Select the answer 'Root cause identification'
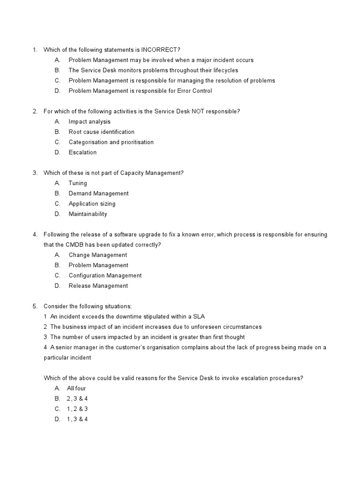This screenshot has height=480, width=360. click(101, 132)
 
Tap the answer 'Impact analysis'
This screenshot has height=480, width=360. click(90, 121)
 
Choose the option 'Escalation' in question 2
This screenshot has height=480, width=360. click(82, 152)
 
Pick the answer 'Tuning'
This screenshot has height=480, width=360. click(78, 183)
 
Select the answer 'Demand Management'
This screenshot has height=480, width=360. click(98, 194)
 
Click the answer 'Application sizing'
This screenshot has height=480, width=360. click(92, 204)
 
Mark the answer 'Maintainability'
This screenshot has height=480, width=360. click(88, 214)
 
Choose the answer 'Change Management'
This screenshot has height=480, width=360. click(97, 255)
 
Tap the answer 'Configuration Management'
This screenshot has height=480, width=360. click(105, 276)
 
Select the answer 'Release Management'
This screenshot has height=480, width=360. click(98, 286)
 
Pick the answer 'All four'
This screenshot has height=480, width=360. click(77, 389)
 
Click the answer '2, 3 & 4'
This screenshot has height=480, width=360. click(78, 399)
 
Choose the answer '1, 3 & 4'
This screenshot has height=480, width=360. click(78, 420)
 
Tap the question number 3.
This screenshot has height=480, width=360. click(35, 173)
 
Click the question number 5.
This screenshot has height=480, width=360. click(35, 307)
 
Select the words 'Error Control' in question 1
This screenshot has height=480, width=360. click(195, 91)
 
